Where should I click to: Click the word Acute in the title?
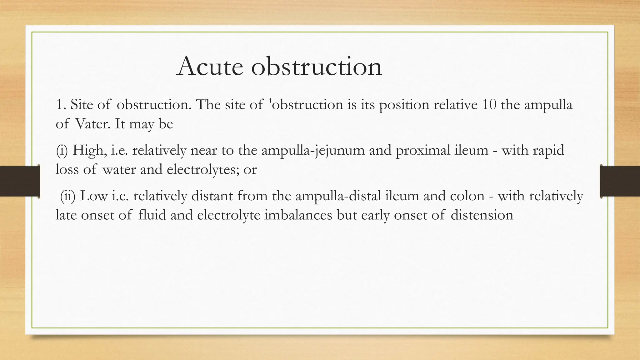[x=210, y=66]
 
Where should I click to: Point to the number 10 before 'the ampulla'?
[x=489, y=105]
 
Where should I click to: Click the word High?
[x=89, y=151]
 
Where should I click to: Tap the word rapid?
[x=549, y=151]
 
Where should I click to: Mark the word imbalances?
[x=298, y=215]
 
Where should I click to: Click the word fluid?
[x=152, y=215]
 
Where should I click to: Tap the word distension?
[x=482, y=215]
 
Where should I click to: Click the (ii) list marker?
[x=67, y=196]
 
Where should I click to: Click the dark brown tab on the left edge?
[x=20, y=181]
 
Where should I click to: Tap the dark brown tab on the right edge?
[x=620, y=181]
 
